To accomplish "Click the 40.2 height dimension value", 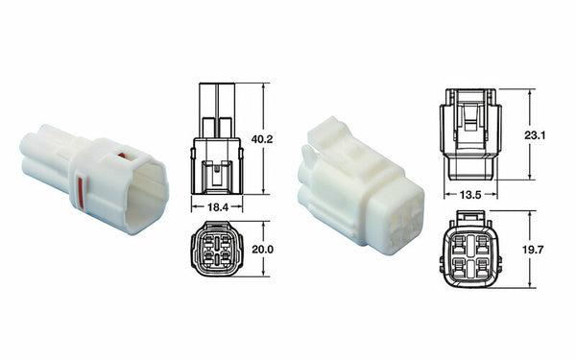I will tap(263, 139).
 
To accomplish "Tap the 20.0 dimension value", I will tap(263, 249).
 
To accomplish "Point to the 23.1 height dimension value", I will tap(535, 135).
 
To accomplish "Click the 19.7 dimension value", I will tap(536, 250).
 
